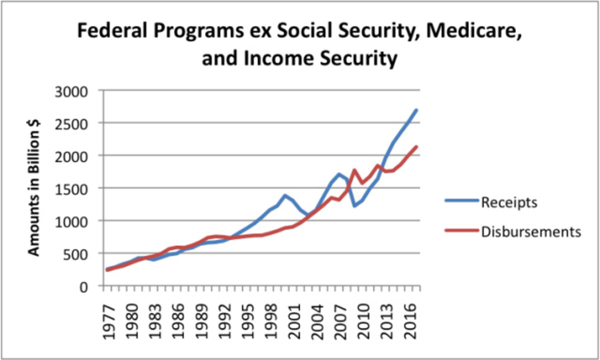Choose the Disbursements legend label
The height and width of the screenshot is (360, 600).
click(530, 231)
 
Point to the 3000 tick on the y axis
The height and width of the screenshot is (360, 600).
click(72, 91)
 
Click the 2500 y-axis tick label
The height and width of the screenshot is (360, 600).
click(72, 123)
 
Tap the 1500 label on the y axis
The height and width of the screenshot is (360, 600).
click(72, 188)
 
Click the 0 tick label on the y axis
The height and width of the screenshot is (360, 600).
click(85, 286)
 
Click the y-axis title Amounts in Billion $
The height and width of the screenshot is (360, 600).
click(34, 188)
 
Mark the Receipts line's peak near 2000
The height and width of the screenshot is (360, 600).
click(285, 195)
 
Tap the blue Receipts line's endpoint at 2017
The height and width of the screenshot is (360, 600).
click(416, 110)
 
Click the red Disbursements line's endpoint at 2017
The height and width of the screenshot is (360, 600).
click(416, 146)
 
